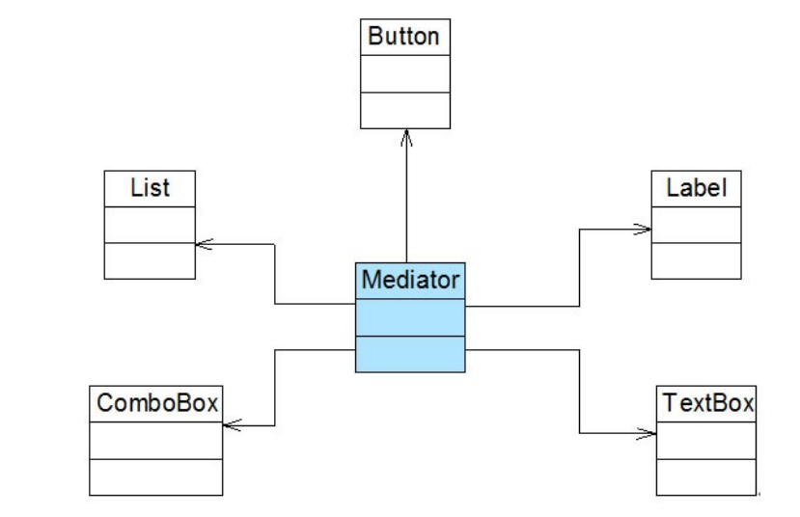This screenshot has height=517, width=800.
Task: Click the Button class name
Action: (x=403, y=37)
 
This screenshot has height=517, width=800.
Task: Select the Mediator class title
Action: (x=410, y=280)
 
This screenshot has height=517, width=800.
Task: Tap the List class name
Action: (x=150, y=188)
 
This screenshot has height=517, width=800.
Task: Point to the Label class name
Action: (x=697, y=188)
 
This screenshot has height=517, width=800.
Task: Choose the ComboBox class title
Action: (x=157, y=403)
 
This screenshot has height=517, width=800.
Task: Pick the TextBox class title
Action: (x=707, y=403)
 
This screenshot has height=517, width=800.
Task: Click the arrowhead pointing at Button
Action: (x=406, y=138)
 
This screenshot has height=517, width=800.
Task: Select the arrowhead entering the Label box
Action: (x=642, y=230)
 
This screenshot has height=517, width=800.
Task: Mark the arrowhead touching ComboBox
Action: (x=233, y=424)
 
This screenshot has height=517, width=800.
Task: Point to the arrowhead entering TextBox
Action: (x=647, y=434)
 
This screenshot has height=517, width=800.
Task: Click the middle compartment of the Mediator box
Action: (x=410, y=317)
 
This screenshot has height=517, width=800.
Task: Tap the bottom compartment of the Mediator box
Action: (x=410, y=354)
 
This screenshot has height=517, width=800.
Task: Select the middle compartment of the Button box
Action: (x=405, y=74)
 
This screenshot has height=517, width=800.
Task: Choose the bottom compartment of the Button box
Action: (x=405, y=111)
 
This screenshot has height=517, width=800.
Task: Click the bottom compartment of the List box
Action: (x=150, y=261)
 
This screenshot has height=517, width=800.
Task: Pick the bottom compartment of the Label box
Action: (x=696, y=261)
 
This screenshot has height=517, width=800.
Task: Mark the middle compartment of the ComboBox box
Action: (x=155, y=441)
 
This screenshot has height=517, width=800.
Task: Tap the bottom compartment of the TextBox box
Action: (x=706, y=477)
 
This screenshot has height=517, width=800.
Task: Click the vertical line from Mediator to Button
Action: (x=406, y=197)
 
